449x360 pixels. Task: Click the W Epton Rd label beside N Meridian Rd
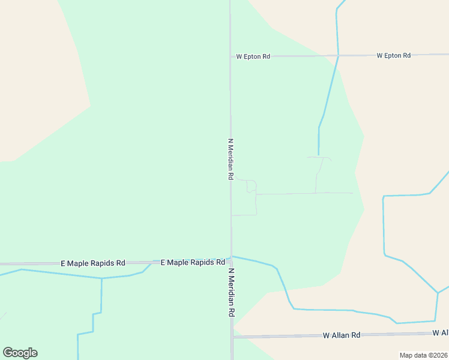[253, 56]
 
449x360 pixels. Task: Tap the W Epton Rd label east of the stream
[393, 55]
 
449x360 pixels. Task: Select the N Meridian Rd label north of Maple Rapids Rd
[230, 159]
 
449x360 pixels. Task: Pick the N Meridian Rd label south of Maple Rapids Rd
[231, 293]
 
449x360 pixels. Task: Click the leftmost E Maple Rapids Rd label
[93, 263]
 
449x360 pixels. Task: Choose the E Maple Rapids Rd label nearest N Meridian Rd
[192, 262]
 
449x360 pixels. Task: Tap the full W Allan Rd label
[341, 335]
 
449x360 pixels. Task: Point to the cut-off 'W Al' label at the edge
[441, 332]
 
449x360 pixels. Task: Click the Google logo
[20, 353]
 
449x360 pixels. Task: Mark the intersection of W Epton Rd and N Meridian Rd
[230, 57]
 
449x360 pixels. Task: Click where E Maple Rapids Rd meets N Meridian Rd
[231, 262]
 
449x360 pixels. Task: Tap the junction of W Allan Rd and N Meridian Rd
[232, 337]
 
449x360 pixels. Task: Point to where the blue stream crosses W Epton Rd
[339, 56]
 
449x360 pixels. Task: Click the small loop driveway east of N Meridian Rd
[252, 187]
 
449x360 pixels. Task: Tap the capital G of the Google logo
[8, 353]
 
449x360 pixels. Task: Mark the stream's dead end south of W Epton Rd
[318, 155]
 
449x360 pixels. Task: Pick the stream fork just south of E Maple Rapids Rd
[101, 278]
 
